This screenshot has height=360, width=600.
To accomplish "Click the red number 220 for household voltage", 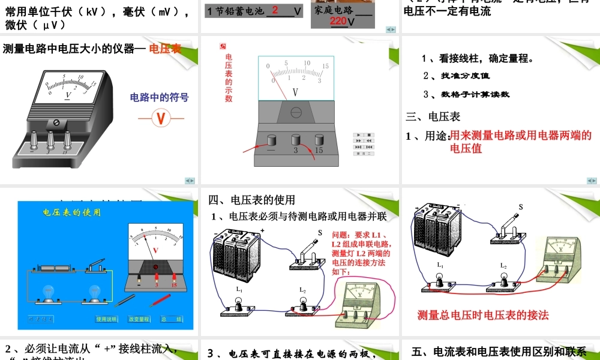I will (338, 22).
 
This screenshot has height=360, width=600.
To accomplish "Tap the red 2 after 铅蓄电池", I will (275, 10).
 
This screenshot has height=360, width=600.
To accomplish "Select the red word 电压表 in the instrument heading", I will (165, 49).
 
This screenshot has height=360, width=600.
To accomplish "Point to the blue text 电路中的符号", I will (159, 97).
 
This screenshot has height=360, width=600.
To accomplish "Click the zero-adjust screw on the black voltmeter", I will (56, 122).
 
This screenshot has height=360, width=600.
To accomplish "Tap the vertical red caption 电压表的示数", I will (229, 78).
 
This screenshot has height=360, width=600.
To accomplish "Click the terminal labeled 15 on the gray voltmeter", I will (319, 140).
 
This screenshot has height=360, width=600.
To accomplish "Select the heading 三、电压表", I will (433, 116).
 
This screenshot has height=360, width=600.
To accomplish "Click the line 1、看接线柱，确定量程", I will (478, 59).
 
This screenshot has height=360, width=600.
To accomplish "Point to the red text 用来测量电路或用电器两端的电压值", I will (520, 142).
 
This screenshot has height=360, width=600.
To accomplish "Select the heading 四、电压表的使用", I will (252, 200).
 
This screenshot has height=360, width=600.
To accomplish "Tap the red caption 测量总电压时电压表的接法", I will (483, 315).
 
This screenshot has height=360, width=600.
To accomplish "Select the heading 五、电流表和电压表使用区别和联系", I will (499, 352).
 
